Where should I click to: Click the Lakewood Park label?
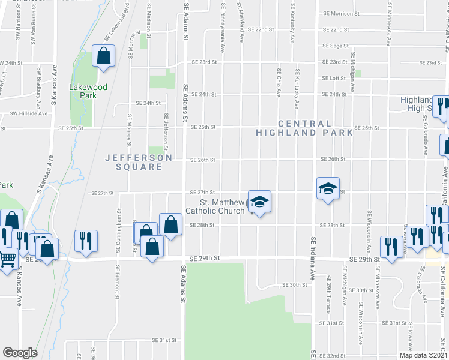(x=88, y=91)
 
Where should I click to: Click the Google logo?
(x=20, y=352)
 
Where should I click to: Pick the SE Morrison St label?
(x=340, y=13)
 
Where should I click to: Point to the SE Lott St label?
(x=334, y=78)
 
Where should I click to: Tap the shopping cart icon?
(x=8, y=259)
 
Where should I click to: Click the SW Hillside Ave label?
(x=28, y=113)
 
